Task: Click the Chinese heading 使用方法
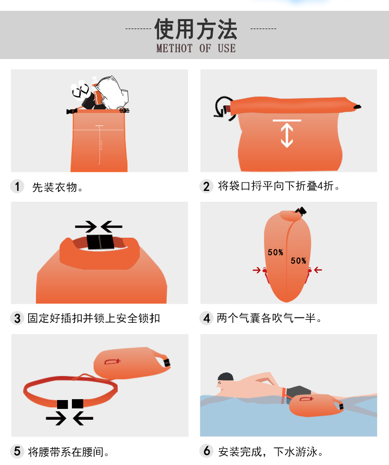(196, 29)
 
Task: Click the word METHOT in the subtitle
(174, 48)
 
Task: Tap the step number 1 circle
(17, 186)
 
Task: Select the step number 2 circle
(206, 186)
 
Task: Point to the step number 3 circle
(17, 318)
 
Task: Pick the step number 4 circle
(206, 318)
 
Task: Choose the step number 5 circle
(17, 451)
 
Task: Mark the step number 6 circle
(206, 451)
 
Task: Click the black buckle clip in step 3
(100, 242)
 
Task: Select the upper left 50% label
(275, 252)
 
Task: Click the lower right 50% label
(298, 261)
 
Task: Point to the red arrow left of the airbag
(257, 270)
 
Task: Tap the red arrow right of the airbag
(318, 270)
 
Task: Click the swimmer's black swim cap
(226, 376)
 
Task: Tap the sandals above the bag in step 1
(80, 90)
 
